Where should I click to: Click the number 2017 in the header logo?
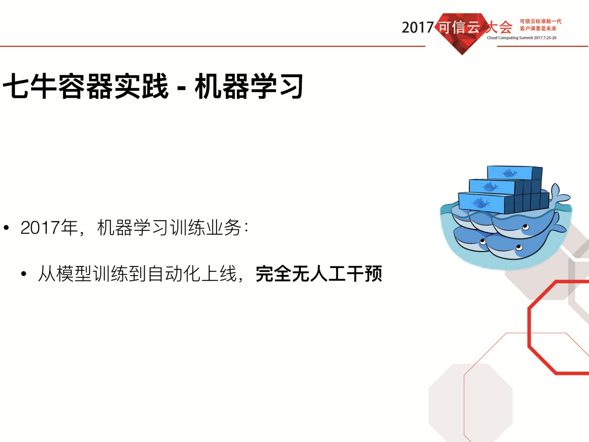417,28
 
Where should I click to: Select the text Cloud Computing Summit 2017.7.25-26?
521,38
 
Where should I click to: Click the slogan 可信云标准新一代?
540,21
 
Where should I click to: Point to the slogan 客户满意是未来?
538,29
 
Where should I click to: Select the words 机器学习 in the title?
249,86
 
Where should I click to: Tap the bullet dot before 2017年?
6,228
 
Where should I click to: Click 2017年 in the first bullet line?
49,228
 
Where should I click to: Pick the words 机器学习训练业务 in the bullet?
169,228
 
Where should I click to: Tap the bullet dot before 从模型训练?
24,274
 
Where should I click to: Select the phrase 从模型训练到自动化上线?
137,274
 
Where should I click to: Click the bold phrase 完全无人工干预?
319,274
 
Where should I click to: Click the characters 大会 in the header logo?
499,27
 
